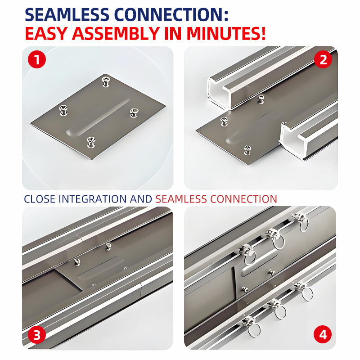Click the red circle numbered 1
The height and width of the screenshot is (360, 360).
pyautogui.click(x=37, y=59)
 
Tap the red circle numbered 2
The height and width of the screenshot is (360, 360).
pyautogui.click(x=323, y=59)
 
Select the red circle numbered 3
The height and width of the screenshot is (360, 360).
pyautogui.click(x=37, y=335)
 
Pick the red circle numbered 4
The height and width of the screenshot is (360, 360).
pyautogui.click(x=323, y=335)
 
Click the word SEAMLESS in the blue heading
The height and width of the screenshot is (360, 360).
pyautogui.click(x=67, y=15)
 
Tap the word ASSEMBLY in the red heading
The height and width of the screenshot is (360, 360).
pyautogui.click(x=116, y=33)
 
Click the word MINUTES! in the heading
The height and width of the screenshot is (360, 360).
pyautogui.click(x=226, y=33)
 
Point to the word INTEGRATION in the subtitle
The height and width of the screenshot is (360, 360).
pyautogui.click(x=93, y=199)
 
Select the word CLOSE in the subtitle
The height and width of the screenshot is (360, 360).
pyautogui.click(x=40, y=199)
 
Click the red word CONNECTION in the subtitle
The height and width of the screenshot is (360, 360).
pyautogui.click(x=243, y=199)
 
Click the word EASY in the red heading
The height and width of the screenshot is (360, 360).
pyautogui.click(x=46, y=33)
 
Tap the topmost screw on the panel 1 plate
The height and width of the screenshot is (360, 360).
pyautogui.click(x=106, y=82)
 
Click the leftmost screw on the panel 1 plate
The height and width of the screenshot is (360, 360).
pyautogui.click(x=63, y=110)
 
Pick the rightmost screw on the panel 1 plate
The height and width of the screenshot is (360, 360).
pyautogui.click(x=134, y=113)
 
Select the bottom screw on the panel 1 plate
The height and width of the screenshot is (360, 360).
pyautogui.click(x=91, y=142)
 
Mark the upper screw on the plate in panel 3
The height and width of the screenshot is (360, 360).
pyautogui.click(x=108, y=246)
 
